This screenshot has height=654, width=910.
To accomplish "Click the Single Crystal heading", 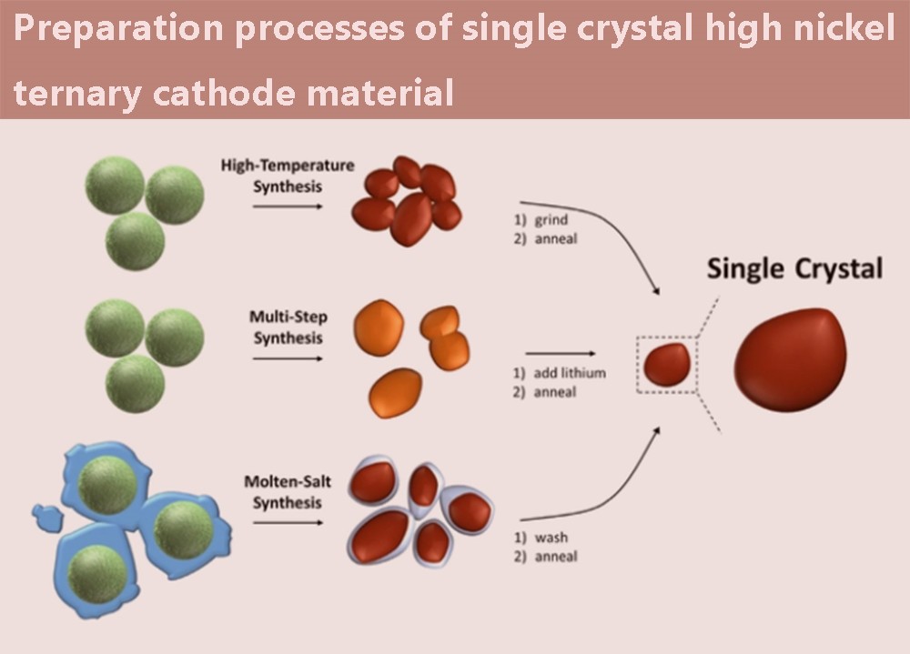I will (794, 268).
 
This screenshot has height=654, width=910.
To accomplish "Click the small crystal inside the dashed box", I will (668, 364).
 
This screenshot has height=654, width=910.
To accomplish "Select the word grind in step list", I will (551, 221).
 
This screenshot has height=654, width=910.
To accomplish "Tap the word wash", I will (551, 538).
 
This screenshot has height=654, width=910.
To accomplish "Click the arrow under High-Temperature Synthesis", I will (287, 206).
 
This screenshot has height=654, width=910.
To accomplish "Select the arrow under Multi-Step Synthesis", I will (287, 358).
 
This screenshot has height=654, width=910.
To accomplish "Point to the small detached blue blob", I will (44, 518).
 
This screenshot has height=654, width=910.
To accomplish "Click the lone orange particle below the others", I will (396, 392).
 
